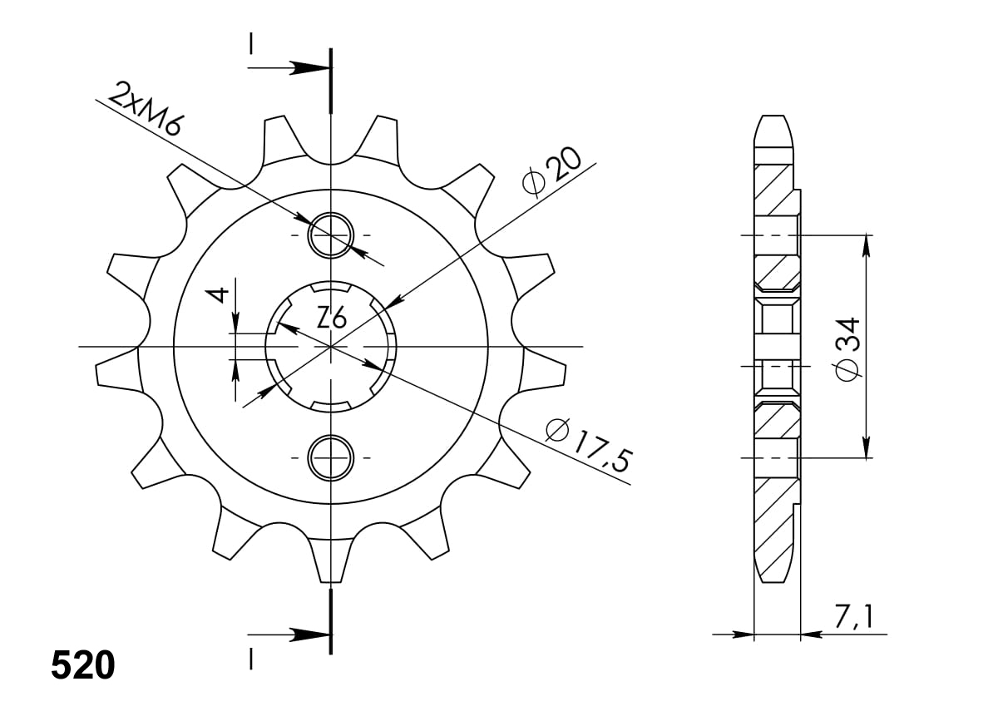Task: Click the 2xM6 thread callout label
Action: click(x=144, y=108)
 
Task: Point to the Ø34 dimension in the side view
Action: click(x=847, y=349)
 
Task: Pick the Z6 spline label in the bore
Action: click(x=331, y=319)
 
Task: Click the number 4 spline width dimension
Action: click(x=218, y=294)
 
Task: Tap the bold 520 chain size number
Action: click(x=83, y=666)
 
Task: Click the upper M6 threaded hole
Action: click(x=331, y=235)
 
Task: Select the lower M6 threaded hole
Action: click(x=331, y=457)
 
